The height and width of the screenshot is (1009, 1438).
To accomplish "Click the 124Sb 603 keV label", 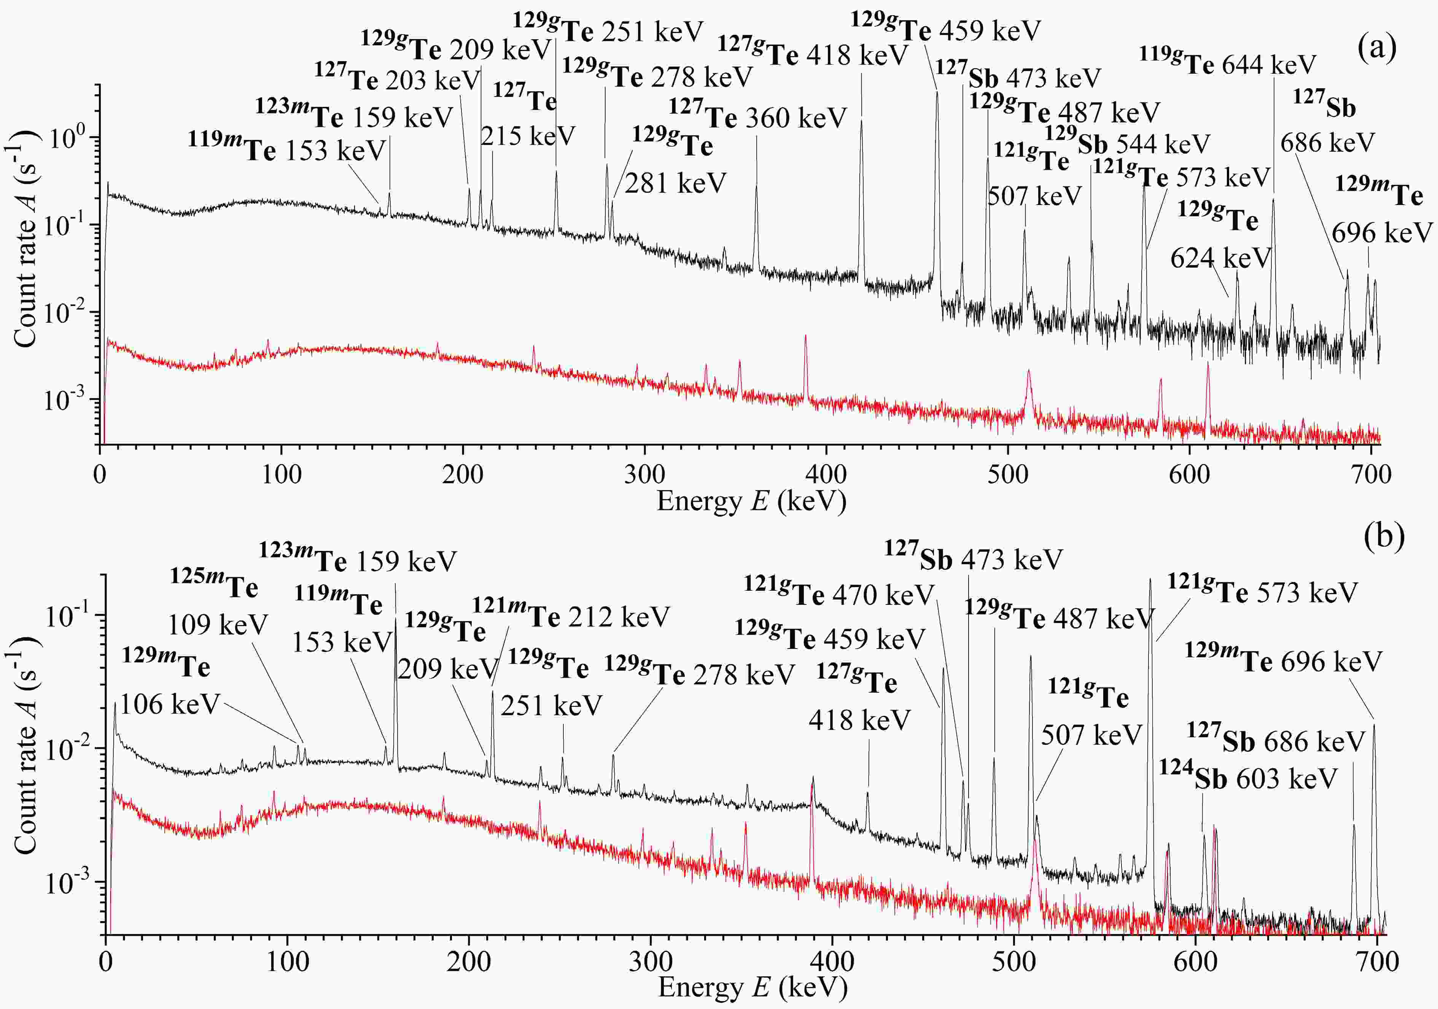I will pos(1248,778).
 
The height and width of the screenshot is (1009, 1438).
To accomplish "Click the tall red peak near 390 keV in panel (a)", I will pos(805,341).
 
